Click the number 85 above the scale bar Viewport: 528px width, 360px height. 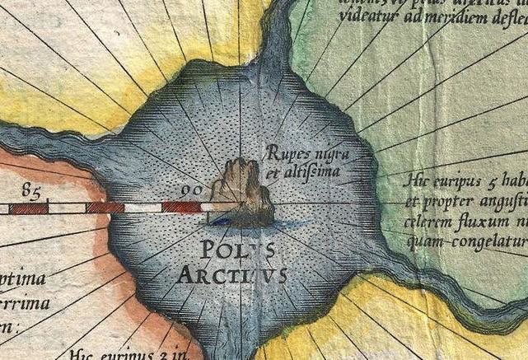pyautogui.click(x=32, y=194)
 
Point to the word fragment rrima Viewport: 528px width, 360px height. pyautogui.click(x=26, y=303)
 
